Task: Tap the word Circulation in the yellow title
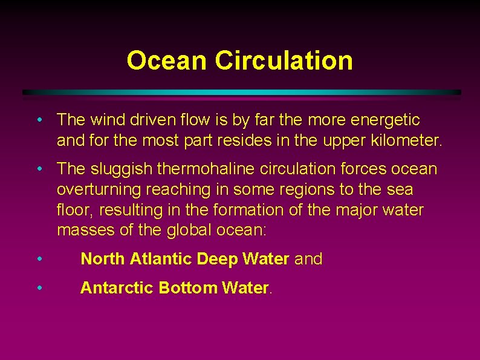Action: coord(284,61)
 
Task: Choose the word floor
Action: coord(74,210)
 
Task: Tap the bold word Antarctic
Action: coord(117,288)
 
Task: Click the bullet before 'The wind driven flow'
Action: coord(39,120)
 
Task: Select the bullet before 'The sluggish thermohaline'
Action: coord(39,168)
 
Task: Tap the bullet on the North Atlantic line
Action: coord(39,259)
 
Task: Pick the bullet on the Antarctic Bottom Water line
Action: coord(39,287)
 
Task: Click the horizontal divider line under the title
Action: coord(242,93)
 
